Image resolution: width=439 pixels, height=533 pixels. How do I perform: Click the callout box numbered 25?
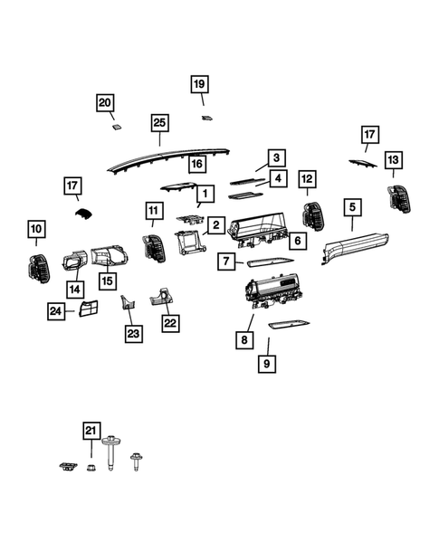click(x=159, y=123)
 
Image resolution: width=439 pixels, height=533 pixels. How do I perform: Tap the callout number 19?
click(x=199, y=85)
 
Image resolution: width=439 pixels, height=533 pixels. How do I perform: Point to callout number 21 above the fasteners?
click(x=91, y=431)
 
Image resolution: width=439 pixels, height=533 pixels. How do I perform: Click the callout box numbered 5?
click(x=351, y=207)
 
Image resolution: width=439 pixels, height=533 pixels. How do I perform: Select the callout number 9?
click(x=268, y=364)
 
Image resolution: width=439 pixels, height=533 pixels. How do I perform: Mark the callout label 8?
click(x=243, y=340)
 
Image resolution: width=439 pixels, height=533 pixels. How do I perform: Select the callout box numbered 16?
click(x=196, y=165)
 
